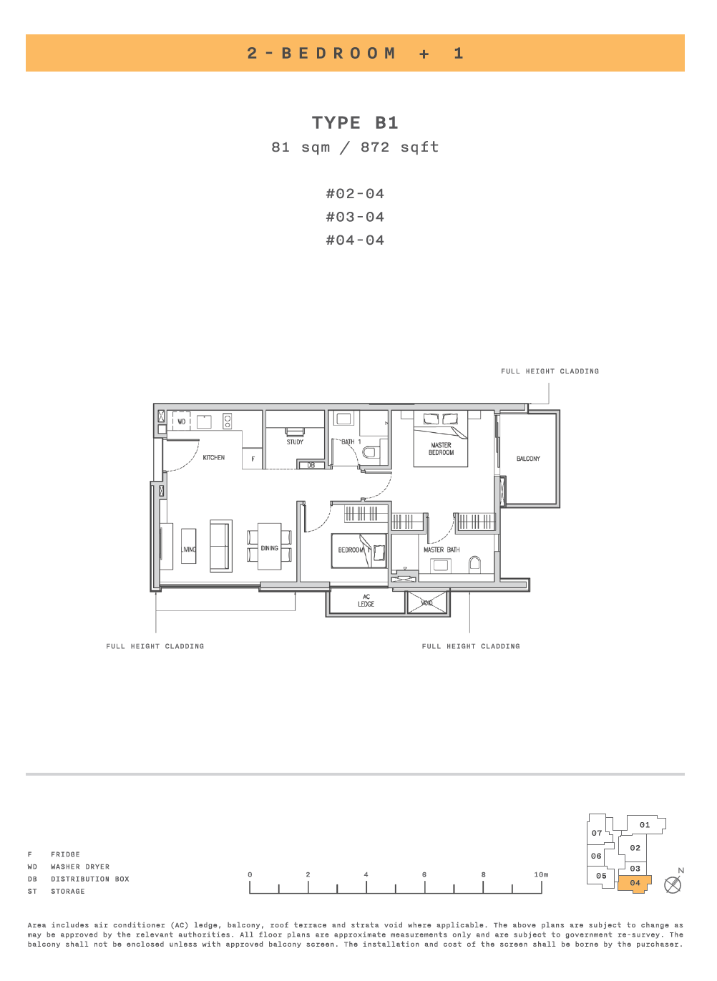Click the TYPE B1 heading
(x=355, y=122)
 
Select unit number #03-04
(x=355, y=217)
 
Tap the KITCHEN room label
(x=214, y=458)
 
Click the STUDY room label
(x=295, y=442)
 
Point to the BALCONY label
(x=528, y=459)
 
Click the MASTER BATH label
(x=442, y=550)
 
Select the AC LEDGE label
(x=366, y=600)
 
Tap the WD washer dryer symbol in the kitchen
(x=181, y=421)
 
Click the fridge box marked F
(x=253, y=459)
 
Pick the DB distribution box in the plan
(x=311, y=464)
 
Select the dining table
(x=269, y=546)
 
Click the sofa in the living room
(x=220, y=546)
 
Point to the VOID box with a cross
(x=426, y=603)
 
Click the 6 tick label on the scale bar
(x=424, y=874)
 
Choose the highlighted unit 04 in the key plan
(x=635, y=884)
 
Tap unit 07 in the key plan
(x=597, y=833)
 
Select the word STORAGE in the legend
(x=68, y=892)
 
